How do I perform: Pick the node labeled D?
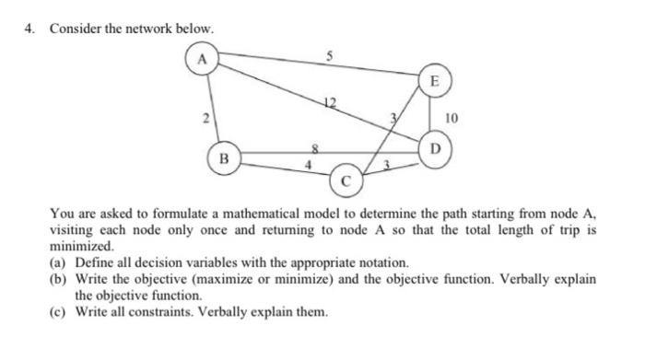(436, 149)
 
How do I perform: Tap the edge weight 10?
(451, 118)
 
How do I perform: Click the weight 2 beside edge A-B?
(207, 117)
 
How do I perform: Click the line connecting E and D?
(434, 115)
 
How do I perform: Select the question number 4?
(29, 29)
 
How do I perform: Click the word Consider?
(74, 29)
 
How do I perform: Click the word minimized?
(83, 246)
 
